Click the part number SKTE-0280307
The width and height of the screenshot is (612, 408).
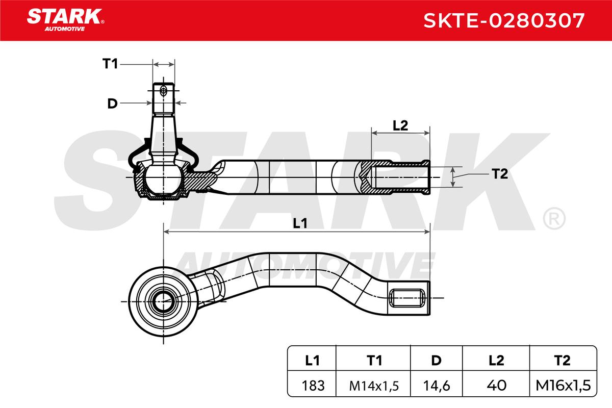(504, 20)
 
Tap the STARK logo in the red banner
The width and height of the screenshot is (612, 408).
(65, 20)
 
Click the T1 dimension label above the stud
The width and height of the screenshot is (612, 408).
(110, 64)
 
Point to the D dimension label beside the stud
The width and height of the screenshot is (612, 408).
(112, 104)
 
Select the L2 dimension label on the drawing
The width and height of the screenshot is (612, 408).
(400, 125)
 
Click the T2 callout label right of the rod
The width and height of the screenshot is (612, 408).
(500, 174)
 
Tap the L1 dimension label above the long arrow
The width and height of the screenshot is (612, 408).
(300, 223)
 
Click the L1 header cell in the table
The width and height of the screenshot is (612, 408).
(312, 361)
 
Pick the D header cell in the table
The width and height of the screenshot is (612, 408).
(437, 361)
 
